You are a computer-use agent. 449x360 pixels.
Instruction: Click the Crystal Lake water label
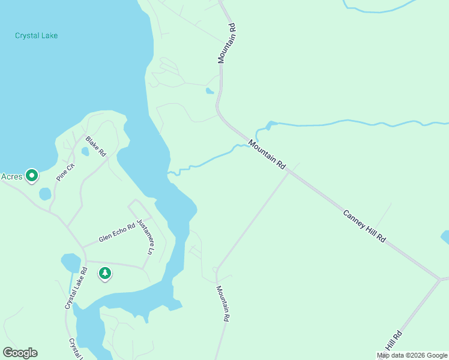(36, 35)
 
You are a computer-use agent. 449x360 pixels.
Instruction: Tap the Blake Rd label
(95, 146)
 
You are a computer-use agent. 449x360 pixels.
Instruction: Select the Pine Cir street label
(65, 172)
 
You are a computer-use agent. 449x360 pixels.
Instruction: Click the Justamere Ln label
(145, 236)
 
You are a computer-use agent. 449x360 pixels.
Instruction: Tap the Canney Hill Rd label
(364, 226)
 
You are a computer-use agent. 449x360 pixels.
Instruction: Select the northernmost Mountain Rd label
(226, 43)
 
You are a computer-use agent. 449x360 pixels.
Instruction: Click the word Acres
(12, 176)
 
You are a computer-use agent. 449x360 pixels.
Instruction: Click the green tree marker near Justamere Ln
(105, 274)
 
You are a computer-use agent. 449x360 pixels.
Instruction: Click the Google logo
(20, 353)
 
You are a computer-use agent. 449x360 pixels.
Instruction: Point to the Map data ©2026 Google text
(412, 355)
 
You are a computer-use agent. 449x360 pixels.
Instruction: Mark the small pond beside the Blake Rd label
(85, 152)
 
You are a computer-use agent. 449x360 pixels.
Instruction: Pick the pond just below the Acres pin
(45, 194)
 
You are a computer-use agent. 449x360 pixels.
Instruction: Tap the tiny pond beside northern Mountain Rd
(209, 91)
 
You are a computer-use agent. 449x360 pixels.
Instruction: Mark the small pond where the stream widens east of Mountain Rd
(271, 125)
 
